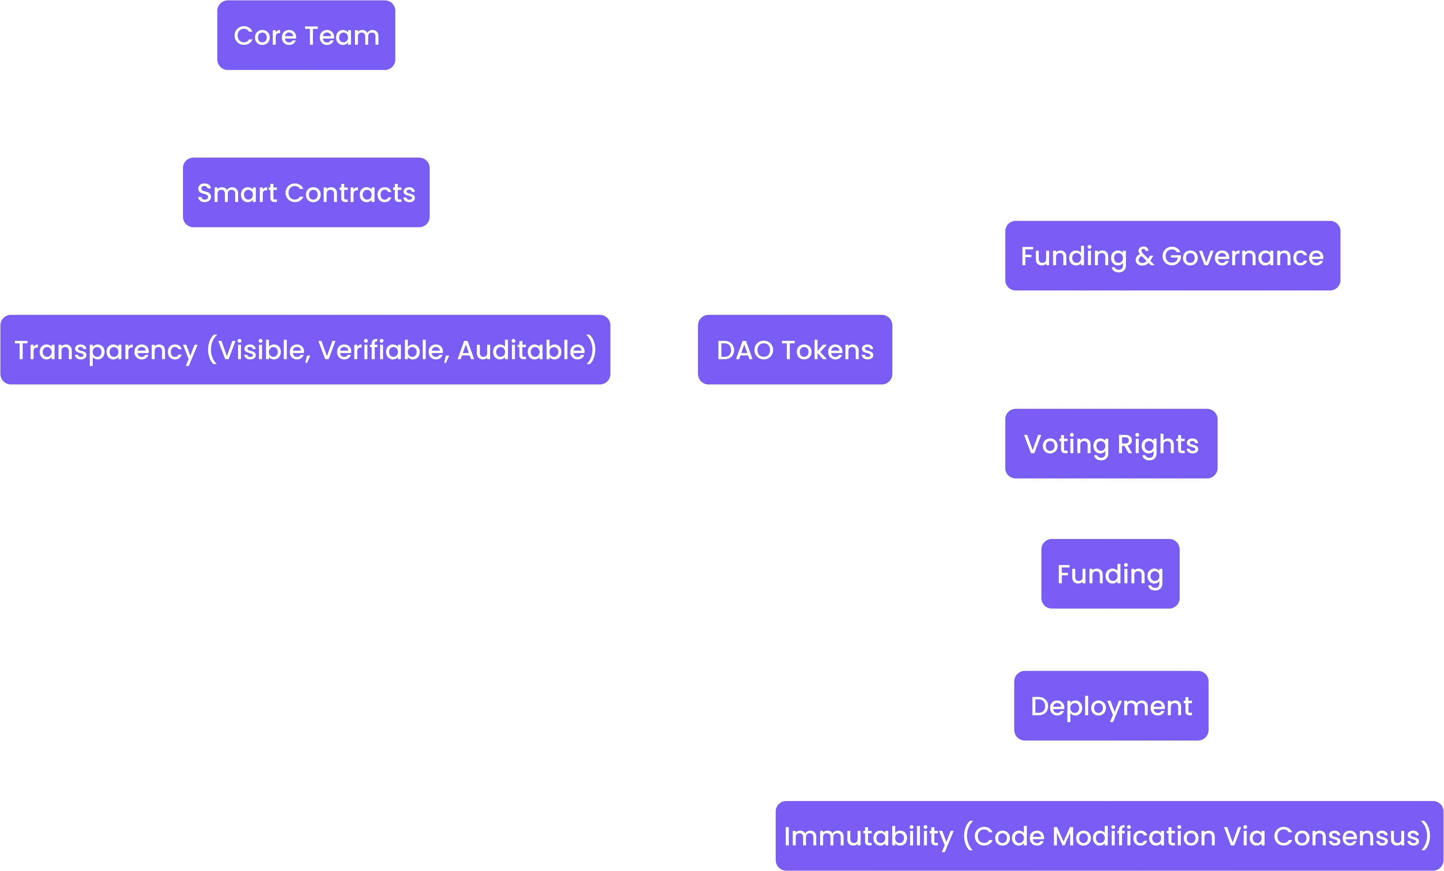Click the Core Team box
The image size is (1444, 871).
pyautogui.click(x=306, y=36)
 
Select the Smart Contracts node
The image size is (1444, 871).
pyautogui.click(x=306, y=193)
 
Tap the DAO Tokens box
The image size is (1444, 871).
pyautogui.click(x=795, y=350)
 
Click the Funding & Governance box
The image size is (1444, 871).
pyautogui.click(x=1172, y=256)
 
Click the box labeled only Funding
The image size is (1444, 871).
pyautogui.click(x=1110, y=574)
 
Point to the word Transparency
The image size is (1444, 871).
pyautogui.click(x=106, y=351)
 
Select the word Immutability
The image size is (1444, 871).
pyautogui.click(x=869, y=836)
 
